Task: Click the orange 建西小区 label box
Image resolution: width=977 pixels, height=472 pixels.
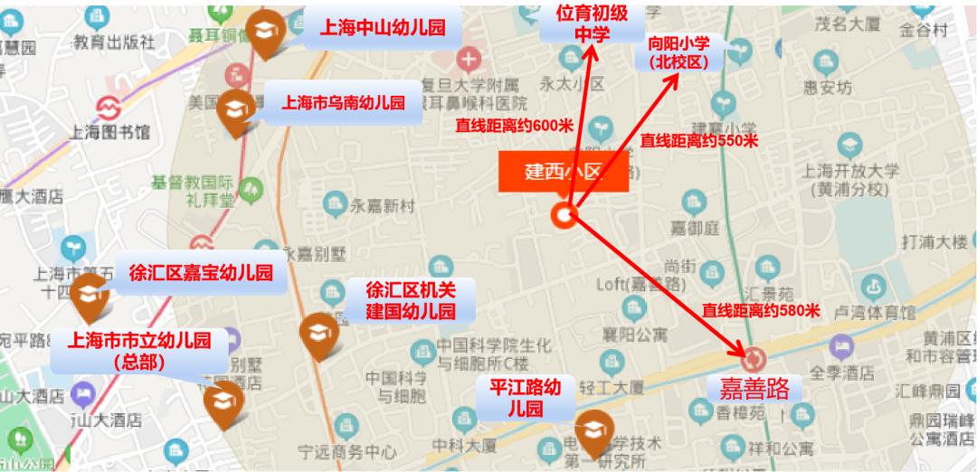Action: (x=563, y=172)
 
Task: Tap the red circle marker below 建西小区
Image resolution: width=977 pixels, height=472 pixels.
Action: (x=566, y=214)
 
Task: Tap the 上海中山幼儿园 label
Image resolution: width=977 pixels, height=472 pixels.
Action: (x=383, y=28)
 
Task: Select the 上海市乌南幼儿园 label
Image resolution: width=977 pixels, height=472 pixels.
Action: (x=343, y=102)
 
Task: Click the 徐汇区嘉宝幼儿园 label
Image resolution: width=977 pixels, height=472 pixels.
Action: (x=201, y=273)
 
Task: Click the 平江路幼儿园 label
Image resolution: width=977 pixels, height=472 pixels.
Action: (x=526, y=398)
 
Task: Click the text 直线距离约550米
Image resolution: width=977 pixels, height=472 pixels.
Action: (x=698, y=140)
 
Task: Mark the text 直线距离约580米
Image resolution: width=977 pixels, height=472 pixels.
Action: (x=760, y=311)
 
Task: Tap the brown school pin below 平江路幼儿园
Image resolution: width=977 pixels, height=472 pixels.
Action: (x=594, y=431)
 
